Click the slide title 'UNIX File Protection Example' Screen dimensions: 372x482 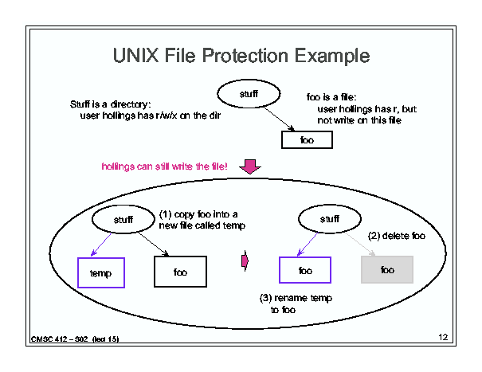point(241,56)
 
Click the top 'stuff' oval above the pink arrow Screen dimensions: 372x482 point(249,94)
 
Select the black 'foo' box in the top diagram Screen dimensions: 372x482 point(307,140)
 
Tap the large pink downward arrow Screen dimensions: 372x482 point(251,166)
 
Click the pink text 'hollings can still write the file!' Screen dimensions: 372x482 point(165,166)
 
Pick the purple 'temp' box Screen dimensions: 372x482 point(100,272)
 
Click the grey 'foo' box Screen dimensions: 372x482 point(387,270)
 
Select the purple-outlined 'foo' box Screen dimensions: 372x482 point(305,270)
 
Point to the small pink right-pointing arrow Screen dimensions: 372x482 point(245,260)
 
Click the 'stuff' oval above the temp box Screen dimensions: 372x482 point(123,217)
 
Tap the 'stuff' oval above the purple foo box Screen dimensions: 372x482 point(329,217)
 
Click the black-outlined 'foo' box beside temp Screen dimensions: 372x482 point(180,271)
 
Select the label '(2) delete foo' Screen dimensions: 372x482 point(396,236)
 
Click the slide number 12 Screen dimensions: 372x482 point(444,339)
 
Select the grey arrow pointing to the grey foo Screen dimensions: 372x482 point(364,245)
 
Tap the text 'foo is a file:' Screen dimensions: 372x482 point(333,98)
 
